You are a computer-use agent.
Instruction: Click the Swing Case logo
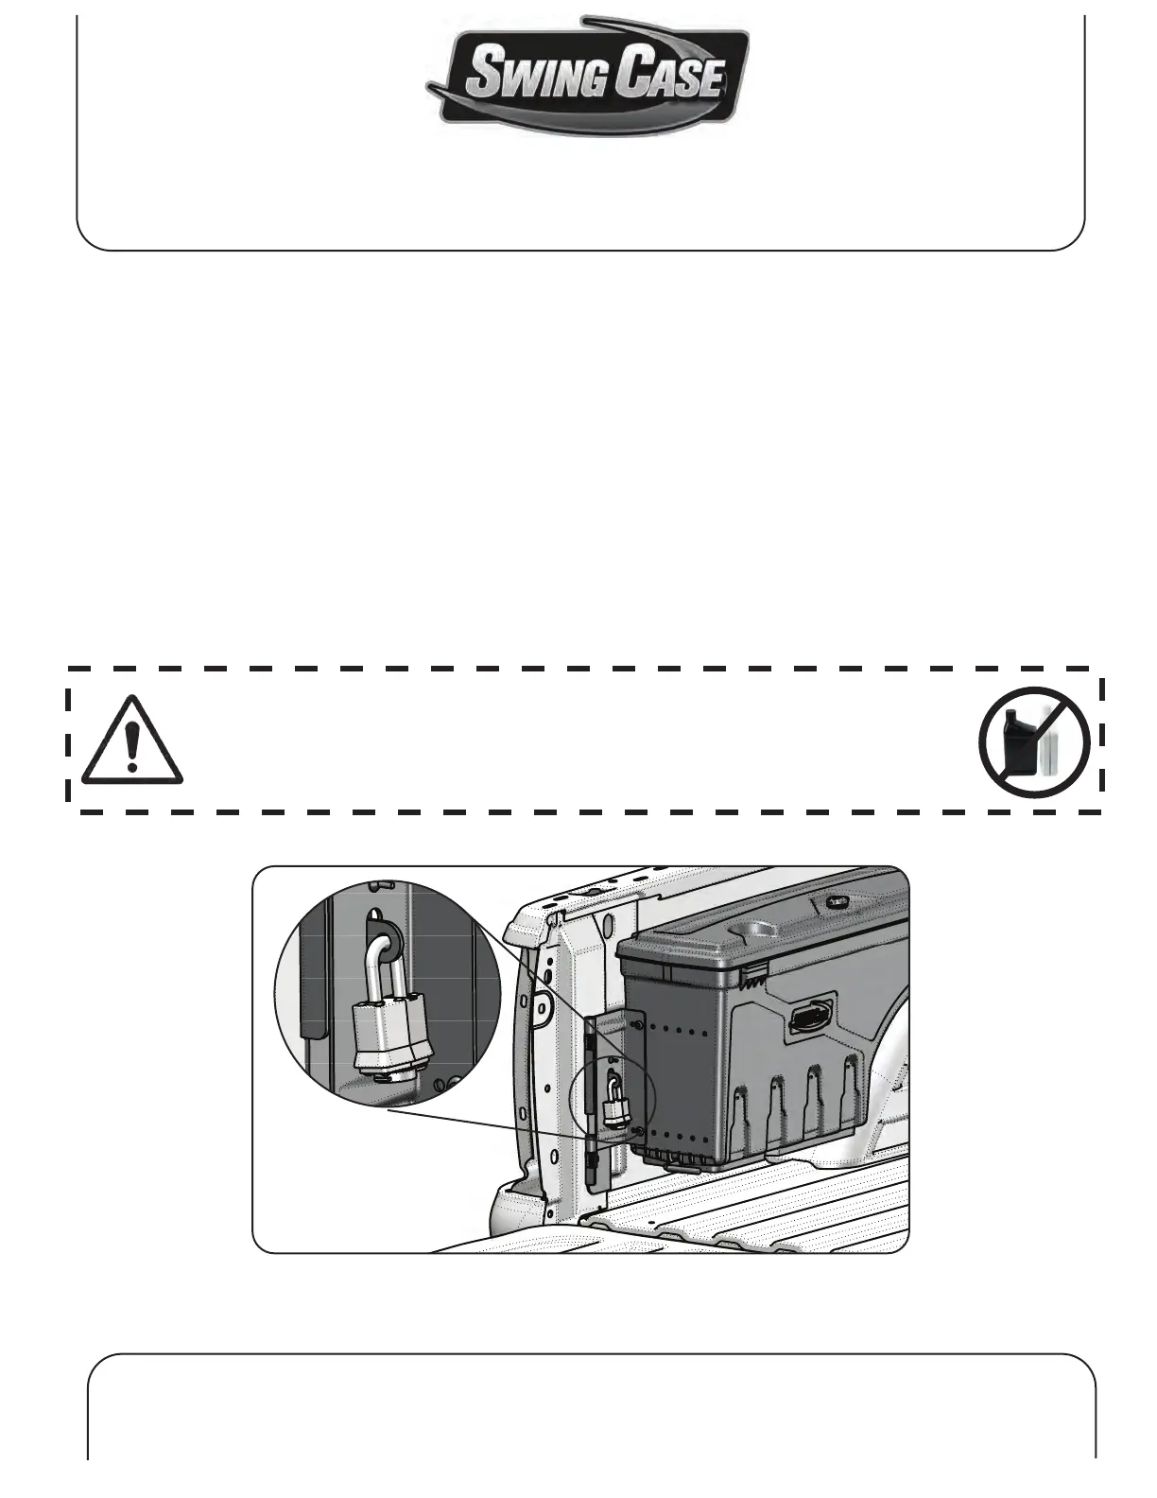click(x=588, y=76)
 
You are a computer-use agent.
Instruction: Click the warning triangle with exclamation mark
click(x=131, y=741)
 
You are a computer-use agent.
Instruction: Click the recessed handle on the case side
click(x=808, y=1018)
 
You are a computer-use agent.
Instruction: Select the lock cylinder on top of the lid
click(x=834, y=901)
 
